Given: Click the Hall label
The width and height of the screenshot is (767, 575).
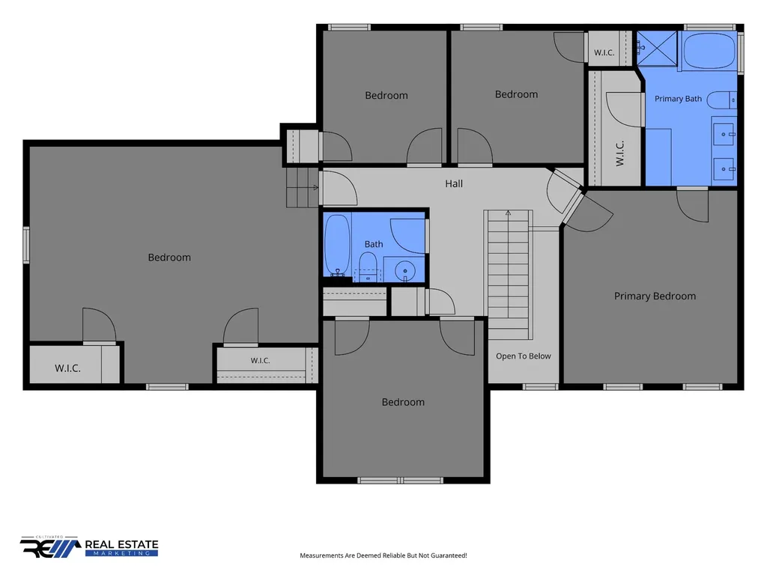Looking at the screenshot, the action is (454, 184).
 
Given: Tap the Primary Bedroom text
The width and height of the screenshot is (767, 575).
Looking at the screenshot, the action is (655, 296).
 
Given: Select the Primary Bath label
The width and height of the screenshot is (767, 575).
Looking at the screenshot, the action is (678, 99).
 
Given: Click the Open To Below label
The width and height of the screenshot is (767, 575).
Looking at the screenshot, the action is (524, 356).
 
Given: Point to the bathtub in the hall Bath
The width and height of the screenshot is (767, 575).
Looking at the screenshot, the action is (338, 246).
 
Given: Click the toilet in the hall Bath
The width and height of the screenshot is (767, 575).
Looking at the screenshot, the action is (369, 267).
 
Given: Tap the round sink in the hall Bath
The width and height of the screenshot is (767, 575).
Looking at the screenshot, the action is (404, 270).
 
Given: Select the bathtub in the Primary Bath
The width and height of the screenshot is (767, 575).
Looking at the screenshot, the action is (709, 50).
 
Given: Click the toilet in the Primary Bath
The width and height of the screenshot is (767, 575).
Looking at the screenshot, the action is (721, 100).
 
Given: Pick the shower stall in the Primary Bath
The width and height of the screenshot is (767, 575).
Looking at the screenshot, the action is (657, 48).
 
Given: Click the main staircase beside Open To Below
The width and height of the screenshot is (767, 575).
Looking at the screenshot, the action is (509, 274).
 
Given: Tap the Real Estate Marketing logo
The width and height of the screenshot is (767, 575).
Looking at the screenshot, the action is (89, 547).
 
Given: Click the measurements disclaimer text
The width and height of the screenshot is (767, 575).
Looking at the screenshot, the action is (383, 556).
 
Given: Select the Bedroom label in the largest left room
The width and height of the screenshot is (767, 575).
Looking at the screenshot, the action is (169, 258).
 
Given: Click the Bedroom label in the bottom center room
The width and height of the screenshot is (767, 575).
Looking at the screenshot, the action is (403, 402).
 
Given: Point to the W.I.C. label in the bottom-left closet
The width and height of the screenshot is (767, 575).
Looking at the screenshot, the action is (67, 368).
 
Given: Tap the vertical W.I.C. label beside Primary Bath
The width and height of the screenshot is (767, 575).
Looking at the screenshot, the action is (619, 153).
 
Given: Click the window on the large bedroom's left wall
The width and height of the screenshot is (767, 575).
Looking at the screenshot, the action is (26, 245).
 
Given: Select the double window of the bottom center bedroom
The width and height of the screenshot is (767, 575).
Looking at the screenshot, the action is (400, 481).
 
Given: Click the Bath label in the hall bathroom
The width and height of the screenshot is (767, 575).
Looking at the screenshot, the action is (374, 244).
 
